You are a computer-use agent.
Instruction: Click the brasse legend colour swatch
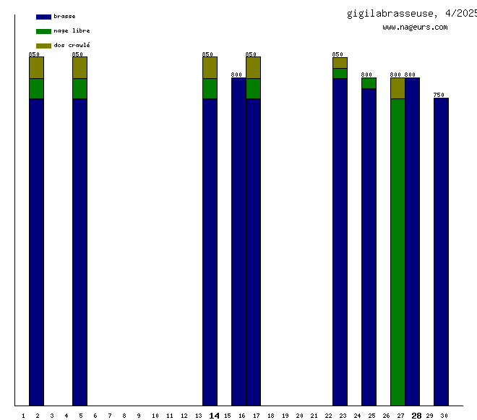(x=43, y=17)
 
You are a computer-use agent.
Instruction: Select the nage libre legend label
(x=72, y=30)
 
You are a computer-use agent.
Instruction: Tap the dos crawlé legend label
(x=72, y=45)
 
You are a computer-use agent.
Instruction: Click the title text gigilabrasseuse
(x=391, y=13)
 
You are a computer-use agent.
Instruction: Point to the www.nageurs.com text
(x=415, y=28)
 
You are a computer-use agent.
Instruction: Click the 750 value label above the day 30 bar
(x=439, y=95)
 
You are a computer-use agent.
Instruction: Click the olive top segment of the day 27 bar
(x=397, y=88)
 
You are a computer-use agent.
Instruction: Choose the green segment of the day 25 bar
(x=369, y=83)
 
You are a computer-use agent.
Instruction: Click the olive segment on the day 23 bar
(x=340, y=62)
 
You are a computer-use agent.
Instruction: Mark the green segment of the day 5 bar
(x=79, y=88)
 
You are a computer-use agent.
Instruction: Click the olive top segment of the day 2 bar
(x=36, y=67)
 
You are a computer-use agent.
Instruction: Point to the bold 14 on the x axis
(x=214, y=416)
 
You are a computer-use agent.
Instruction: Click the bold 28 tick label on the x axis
(x=416, y=416)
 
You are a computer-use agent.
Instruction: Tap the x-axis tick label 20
(x=299, y=416)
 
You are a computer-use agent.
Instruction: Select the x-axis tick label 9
(x=139, y=416)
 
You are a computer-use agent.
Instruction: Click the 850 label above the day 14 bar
(x=207, y=54)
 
